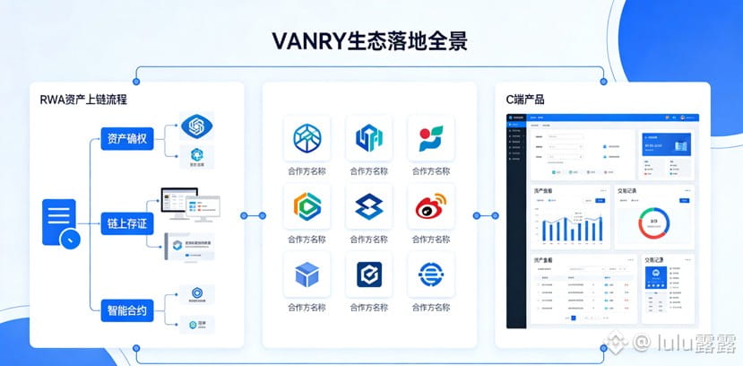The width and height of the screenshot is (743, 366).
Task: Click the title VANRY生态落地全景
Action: (x=371, y=40)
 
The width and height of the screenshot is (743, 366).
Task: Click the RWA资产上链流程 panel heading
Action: (x=82, y=100)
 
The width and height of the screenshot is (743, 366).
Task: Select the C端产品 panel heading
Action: (x=524, y=100)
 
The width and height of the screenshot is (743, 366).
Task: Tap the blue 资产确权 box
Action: (x=128, y=138)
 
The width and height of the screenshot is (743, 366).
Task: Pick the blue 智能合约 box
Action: (x=128, y=309)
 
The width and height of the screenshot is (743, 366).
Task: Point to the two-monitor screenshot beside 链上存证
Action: (x=190, y=205)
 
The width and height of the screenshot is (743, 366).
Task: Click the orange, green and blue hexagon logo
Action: (x=307, y=208)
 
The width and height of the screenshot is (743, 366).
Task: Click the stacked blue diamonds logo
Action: (x=368, y=208)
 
